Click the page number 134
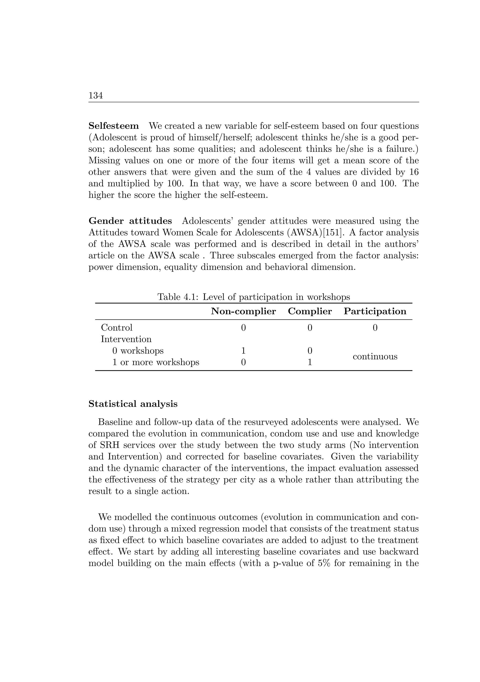click(96, 96)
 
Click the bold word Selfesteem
click(113, 126)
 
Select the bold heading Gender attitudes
click(130, 221)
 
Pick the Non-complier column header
click(243, 311)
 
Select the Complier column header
click(310, 311)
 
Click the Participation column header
click(375, 311)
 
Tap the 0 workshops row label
click(138, 351)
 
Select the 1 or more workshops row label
click(156, 362)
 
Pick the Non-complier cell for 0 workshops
click(243, 351)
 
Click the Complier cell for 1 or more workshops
click(310, 362)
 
